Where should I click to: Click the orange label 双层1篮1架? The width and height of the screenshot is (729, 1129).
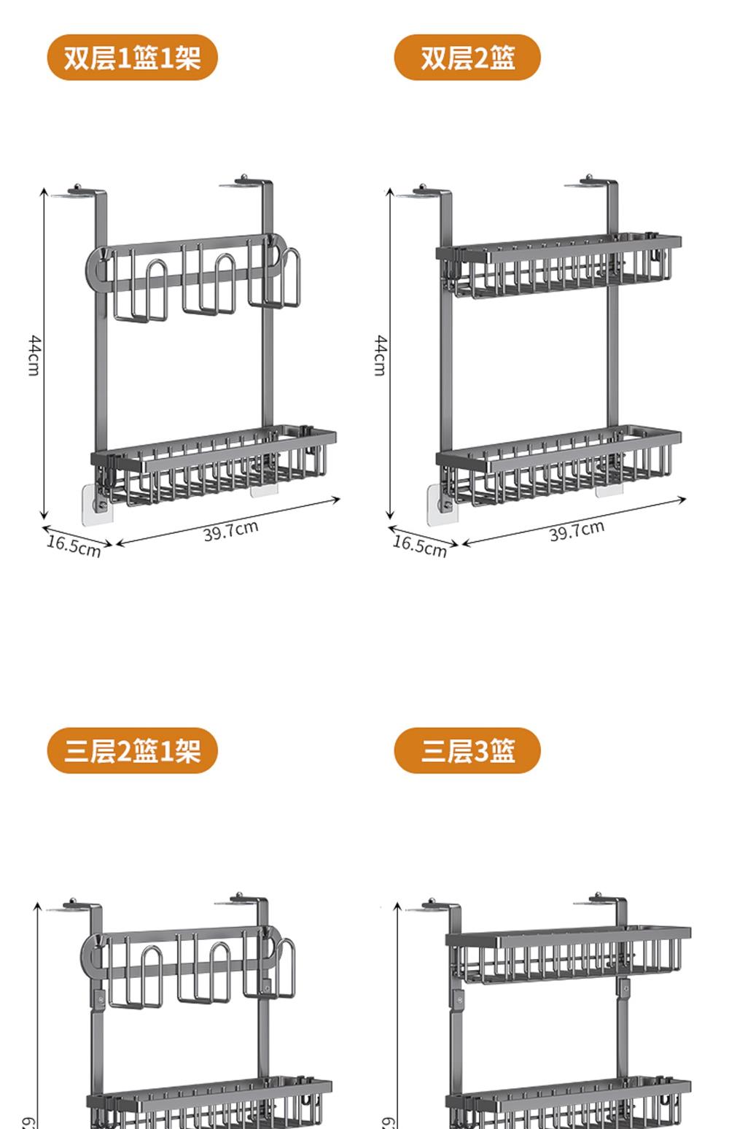[132, 58]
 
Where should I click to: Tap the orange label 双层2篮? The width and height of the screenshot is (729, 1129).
[467, 58]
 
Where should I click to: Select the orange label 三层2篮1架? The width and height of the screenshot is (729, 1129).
[132, 750]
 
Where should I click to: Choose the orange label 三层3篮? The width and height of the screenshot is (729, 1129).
[467, 750]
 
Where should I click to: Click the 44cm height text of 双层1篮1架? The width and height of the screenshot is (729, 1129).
[34, 355]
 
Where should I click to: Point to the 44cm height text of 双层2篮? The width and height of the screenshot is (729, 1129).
[380, 355]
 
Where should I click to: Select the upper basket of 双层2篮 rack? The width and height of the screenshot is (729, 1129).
[560, 266]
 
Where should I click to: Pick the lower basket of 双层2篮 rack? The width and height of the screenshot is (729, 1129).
[560, 467]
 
